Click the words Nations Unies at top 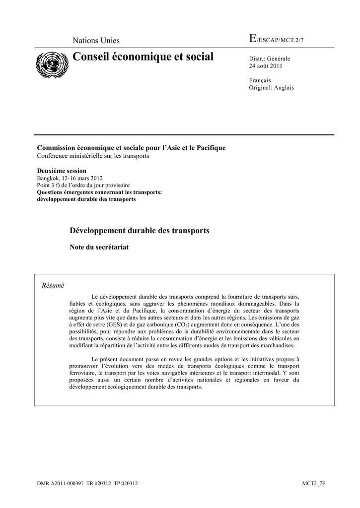[x=96, y=41]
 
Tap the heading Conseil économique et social [x=143, y=57]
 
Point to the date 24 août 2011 [x=266, y=66]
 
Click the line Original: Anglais [x=271, y=87]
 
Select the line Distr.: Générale [x=269, y=59]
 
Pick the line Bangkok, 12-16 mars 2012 [x=71, y=178]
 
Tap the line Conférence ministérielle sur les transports [x=93, y=155]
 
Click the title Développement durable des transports [x=140, y=231]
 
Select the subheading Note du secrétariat [x=99, y=247]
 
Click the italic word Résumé [x=53, y=285]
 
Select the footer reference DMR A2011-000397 [x=60, y=483]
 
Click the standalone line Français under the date [x=260, y=80]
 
